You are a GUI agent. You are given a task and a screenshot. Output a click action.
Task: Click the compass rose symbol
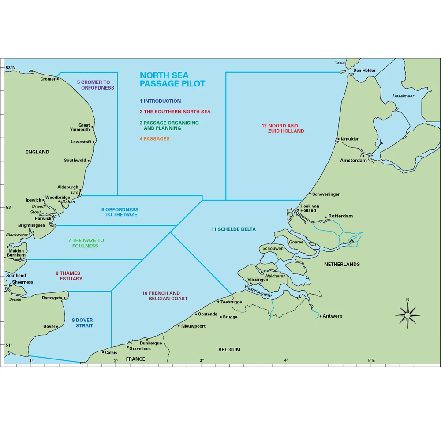pos(407,314)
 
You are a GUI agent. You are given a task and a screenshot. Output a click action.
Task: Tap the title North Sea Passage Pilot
pos(172,79)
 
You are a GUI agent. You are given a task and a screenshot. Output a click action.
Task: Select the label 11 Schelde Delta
pos(233,229)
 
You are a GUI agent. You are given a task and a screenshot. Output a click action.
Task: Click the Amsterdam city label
pos(353,161)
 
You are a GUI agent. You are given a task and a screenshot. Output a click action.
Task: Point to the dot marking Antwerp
pos(321,316)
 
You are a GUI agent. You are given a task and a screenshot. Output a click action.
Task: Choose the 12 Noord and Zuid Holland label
pos(283,128)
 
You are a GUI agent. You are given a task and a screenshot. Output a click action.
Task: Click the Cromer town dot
pos(58,79)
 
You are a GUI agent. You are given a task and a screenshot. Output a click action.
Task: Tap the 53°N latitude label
pos(10,68)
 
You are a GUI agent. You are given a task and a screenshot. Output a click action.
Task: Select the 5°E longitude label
pos(371,360)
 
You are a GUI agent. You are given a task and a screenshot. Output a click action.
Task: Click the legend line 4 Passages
pos(154,139)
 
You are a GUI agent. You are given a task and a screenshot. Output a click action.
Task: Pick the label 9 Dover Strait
pos(82,323)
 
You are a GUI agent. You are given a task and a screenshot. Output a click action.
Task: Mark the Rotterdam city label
pos(340,216)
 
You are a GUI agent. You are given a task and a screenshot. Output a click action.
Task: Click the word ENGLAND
pos(37,152)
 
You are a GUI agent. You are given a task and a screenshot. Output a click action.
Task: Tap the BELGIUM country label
pos(229,350)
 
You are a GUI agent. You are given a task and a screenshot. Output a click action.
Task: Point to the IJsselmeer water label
pos(403,96)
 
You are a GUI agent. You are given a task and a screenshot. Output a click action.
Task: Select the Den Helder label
pos(364,71)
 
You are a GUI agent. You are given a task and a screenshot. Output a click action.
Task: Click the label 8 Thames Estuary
pos(68,276)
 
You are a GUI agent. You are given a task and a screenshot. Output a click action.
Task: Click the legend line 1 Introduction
pos(160,101)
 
